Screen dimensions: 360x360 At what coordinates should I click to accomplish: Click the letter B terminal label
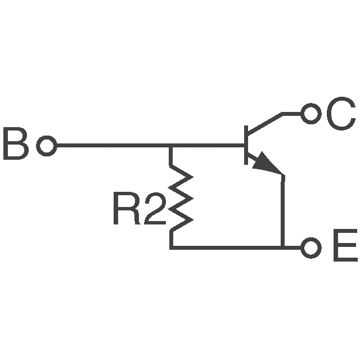tap(15, 145)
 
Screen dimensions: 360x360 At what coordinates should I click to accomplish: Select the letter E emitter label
tap(344, 247)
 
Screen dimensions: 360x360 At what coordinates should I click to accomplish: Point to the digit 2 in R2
tap(152, 210)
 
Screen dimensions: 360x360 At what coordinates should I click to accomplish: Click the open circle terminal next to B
tap(47, 146)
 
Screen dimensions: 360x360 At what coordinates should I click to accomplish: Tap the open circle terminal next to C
tap(309, 114)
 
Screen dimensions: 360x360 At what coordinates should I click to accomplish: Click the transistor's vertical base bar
tap(246, 145)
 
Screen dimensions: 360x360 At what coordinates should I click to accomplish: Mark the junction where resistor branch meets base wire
tap(171, 146)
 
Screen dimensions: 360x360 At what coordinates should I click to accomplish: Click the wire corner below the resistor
tap(171, 247)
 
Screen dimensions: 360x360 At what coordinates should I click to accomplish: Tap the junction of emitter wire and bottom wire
tap(282, 247)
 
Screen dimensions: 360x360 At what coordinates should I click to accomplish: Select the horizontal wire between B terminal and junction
tap(112, 146)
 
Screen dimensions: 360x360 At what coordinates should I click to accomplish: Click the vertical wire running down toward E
tap(282, 214)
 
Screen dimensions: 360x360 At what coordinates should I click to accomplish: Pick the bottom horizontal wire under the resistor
tap(225, 247)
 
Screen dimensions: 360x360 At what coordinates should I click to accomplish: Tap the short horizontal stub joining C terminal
tap(291, 114)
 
